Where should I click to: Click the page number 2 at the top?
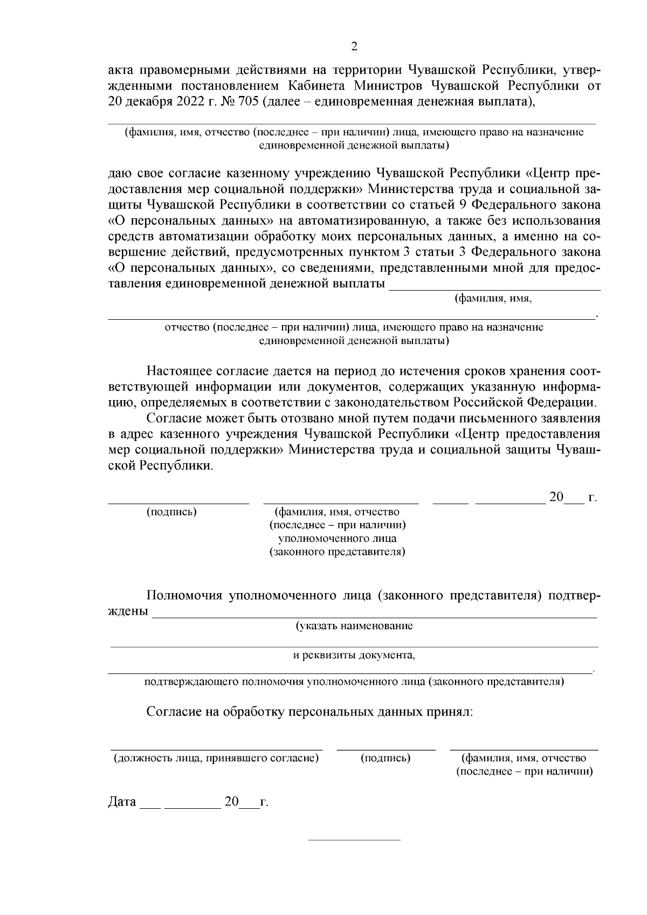354,47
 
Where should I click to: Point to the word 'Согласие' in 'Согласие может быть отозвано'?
171,418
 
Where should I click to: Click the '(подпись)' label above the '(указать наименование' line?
171,512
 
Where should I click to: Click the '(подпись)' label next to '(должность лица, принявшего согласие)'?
386,758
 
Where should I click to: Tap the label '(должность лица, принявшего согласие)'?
216,758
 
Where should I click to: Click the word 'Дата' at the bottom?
122,802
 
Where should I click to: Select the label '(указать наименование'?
354,626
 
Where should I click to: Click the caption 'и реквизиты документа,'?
354,656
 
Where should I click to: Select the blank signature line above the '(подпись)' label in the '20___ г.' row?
178,503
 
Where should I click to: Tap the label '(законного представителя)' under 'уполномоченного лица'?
338,552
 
